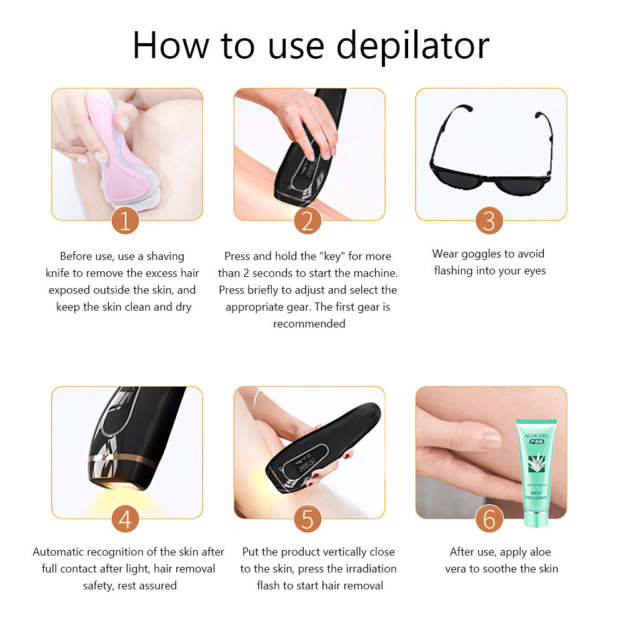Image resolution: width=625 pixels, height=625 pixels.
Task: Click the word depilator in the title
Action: pos(413,45)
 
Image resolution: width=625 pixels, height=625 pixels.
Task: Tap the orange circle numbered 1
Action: pos(125,222)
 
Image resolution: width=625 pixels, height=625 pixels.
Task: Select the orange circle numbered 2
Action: pos(307,222)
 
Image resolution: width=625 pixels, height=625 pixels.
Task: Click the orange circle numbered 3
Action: pos(489,222)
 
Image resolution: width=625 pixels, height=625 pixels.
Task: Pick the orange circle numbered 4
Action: pos(125,519)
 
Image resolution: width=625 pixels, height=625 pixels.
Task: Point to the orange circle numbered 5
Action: pos(307,519)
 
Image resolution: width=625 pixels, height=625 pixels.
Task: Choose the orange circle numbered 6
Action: pos(489,519)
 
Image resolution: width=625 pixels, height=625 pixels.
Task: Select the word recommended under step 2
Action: pos(309,324)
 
